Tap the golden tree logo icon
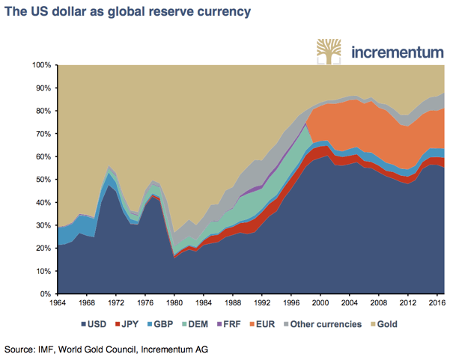327,51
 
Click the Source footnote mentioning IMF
105,349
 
